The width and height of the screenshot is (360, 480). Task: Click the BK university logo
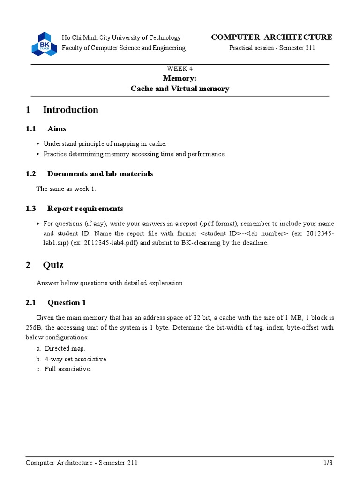click(44, 44)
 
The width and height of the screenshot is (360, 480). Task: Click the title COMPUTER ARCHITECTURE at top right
click(271, 37)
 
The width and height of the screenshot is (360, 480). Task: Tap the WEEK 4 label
click(180, 68)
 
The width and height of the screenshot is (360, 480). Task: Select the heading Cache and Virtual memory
click(180, 89)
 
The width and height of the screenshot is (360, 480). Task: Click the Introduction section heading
click(70, 110)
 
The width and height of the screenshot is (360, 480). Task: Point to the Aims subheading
click(57, 129)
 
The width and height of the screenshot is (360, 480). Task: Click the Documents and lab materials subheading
click(100, 174)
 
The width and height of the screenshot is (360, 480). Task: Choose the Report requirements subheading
click(85, 209)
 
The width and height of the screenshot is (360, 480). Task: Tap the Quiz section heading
click(53, 265)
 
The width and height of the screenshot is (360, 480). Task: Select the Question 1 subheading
click(67, 303)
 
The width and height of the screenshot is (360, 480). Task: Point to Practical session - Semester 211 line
click(272, 48)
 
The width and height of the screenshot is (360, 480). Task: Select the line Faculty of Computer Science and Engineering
click(124, 48)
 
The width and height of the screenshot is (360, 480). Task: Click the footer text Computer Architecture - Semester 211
click(82, 463)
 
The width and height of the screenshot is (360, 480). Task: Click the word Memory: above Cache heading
click(180, 79)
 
